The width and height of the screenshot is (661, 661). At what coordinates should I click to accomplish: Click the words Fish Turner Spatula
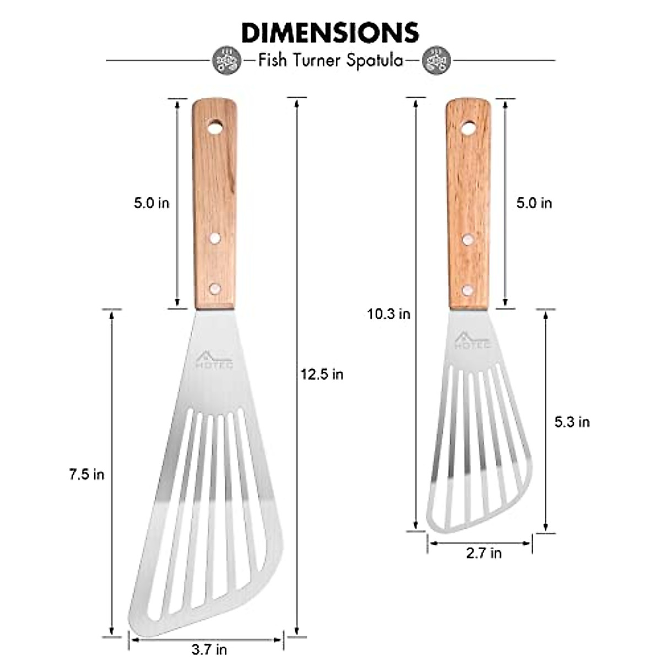330,60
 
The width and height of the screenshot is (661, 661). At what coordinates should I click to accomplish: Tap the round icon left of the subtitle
227,60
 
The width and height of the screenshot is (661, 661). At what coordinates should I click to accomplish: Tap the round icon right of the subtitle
436,60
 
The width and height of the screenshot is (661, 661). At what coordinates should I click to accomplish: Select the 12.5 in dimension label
322,375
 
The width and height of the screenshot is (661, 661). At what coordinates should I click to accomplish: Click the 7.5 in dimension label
86,474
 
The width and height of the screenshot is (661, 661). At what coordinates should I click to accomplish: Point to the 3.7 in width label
209,649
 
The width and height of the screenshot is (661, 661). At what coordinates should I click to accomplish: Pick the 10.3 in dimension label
389,314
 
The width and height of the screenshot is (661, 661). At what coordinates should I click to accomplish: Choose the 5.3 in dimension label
572,422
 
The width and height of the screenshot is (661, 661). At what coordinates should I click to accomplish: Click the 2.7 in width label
484,552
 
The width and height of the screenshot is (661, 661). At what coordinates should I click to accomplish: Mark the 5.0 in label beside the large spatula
151,203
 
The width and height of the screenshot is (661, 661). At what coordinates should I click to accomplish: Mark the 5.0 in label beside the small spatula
534,203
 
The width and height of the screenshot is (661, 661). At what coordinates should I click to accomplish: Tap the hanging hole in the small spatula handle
468,129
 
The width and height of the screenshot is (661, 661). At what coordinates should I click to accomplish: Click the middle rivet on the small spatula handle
468,239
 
